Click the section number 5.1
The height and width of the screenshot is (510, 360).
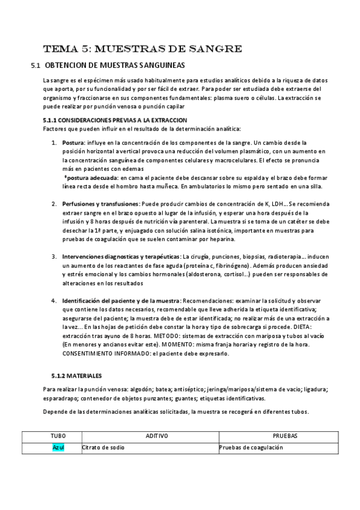(x=35, y=65)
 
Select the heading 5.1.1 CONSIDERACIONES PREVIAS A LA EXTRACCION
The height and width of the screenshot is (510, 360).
(x=115, y=120)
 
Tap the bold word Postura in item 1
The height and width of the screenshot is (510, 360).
(x=73, y=143)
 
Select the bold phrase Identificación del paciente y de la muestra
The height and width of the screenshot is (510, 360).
(x=121, y=301)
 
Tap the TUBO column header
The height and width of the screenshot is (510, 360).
(x=58, y=435)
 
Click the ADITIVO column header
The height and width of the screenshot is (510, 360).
(x=157, y=435)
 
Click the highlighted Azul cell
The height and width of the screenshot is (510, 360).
(x=58, y=447)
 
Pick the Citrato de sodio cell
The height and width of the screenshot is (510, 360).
(x=103, y=447)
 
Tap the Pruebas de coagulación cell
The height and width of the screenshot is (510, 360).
(x=251, y=447)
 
